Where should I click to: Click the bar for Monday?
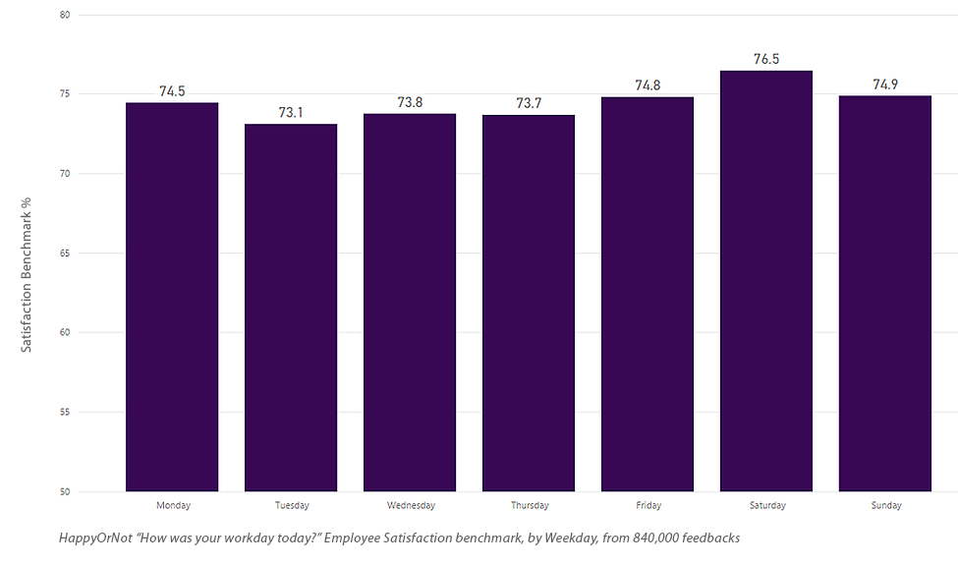click(172, 295)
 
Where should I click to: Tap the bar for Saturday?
click(766, 280)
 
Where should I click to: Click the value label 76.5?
click(766, 59)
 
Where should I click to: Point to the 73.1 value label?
click(291, 112)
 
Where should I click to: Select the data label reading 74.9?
click(885, 85)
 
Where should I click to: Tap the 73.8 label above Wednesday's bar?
click(410, 102)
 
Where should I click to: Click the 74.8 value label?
click(648, 85)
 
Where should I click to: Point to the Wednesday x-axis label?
click(410, 506)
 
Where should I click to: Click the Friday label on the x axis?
click(648, 506)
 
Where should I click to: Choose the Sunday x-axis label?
click(885, 506)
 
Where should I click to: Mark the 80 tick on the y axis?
click(64, 15)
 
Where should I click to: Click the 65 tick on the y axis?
click(64, 254)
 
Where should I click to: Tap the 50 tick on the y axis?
click(64, 491)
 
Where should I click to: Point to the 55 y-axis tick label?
click(64, 412)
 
